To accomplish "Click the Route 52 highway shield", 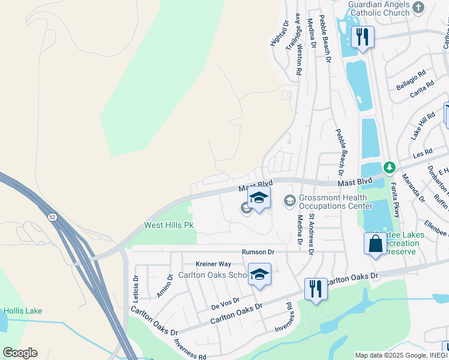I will tap(53, 215).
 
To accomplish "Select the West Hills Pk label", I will tap(169, 226).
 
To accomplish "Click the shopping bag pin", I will tap(375, 244).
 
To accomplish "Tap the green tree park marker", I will tap(389, 166).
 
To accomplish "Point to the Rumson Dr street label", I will tap(258, 253).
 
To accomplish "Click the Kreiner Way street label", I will tap(213, 264).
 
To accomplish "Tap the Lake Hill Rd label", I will tap(423, 126).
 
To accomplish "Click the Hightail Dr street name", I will tap(279, 34).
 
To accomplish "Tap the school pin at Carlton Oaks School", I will tap(259, 274).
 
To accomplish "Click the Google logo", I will tap(20, 353).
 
